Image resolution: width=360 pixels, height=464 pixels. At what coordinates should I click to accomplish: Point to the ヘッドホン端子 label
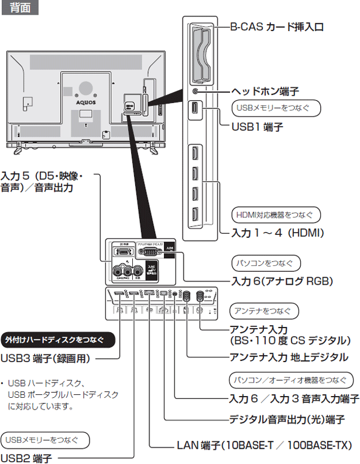(x=265, y=91)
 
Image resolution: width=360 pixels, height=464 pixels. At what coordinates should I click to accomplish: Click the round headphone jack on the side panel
(x=195, y=91)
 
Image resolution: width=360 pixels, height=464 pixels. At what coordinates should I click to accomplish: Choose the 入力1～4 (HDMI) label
(x=277, y=233)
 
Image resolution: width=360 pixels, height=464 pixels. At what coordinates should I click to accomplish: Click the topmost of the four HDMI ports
(x=194, y=156)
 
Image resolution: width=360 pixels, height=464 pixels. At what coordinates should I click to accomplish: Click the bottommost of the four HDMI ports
(x=194, y=215)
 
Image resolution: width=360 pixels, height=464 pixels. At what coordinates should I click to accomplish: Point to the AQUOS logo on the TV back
(x=85, y=101)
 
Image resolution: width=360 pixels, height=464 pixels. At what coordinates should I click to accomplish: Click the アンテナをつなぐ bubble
(x=265, y=311)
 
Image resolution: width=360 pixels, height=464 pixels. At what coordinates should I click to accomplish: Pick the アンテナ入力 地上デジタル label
(x=289, y=357)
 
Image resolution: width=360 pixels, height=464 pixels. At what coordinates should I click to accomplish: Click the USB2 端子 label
(x=26, y=458)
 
